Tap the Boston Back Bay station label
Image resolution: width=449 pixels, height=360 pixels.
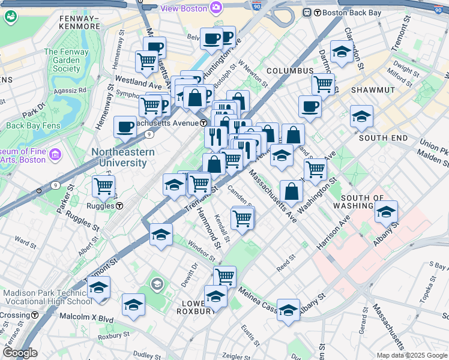click(349, 12)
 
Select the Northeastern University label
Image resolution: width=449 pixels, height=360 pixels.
click(122, 157)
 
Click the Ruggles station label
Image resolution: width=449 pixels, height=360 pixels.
click(104, 206)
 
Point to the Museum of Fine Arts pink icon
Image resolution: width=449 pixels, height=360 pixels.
click(56, 155)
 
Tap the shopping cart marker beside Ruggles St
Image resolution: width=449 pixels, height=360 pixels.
click(103, 187)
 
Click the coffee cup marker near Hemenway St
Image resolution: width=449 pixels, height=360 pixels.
click(125, 127)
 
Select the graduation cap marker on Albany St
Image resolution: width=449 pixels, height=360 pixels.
click(387, 211)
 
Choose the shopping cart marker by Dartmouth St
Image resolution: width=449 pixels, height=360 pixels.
click(323, 84)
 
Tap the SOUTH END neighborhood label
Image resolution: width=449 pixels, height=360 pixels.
click(384, 138)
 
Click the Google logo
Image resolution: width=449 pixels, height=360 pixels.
click(20, 353)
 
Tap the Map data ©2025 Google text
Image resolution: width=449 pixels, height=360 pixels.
click(411, 355)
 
